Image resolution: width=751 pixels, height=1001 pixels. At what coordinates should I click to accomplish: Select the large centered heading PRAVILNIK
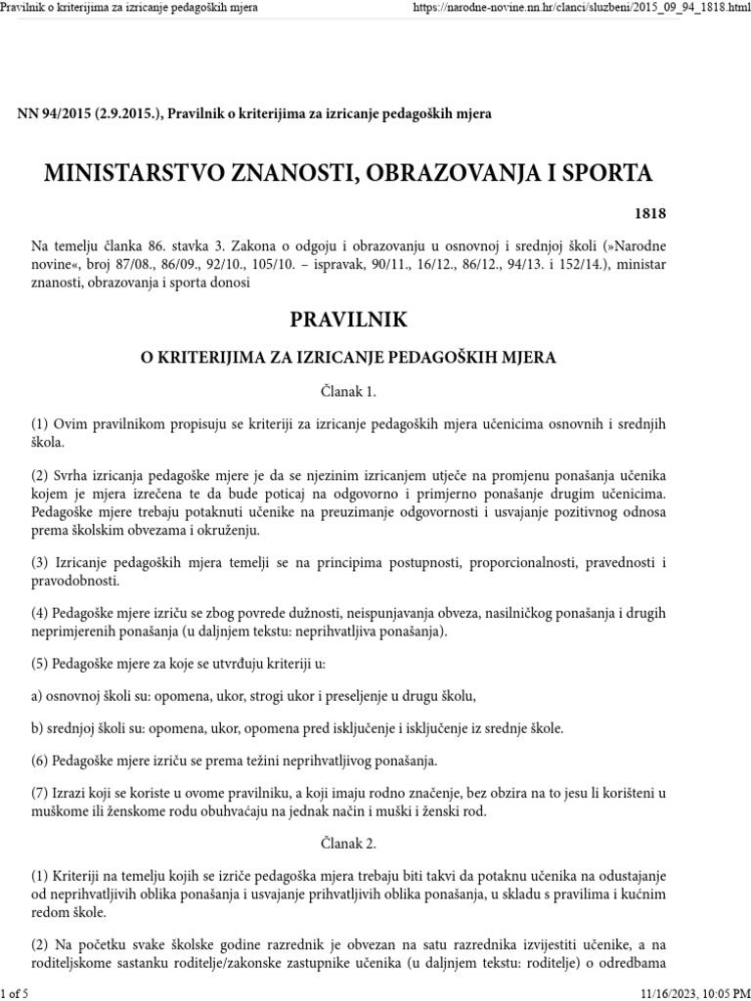coord(348,321)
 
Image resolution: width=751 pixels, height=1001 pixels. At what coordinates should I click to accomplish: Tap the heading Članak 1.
coord(348,391)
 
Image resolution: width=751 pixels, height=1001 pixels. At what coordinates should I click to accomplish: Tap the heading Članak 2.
coord(348,842)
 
